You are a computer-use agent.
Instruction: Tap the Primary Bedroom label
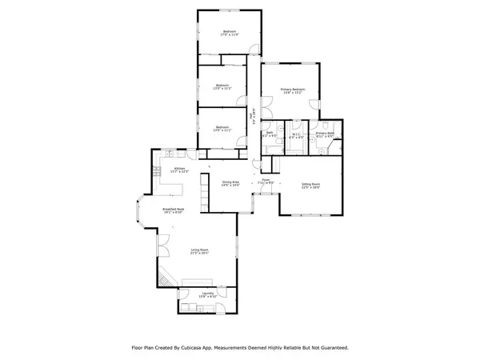292,90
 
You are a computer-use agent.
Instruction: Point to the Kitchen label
180,170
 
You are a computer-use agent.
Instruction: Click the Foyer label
266,182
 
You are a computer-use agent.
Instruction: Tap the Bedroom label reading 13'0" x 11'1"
222,129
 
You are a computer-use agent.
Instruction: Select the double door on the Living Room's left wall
160,243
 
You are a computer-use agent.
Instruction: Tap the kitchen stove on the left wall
157,170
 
